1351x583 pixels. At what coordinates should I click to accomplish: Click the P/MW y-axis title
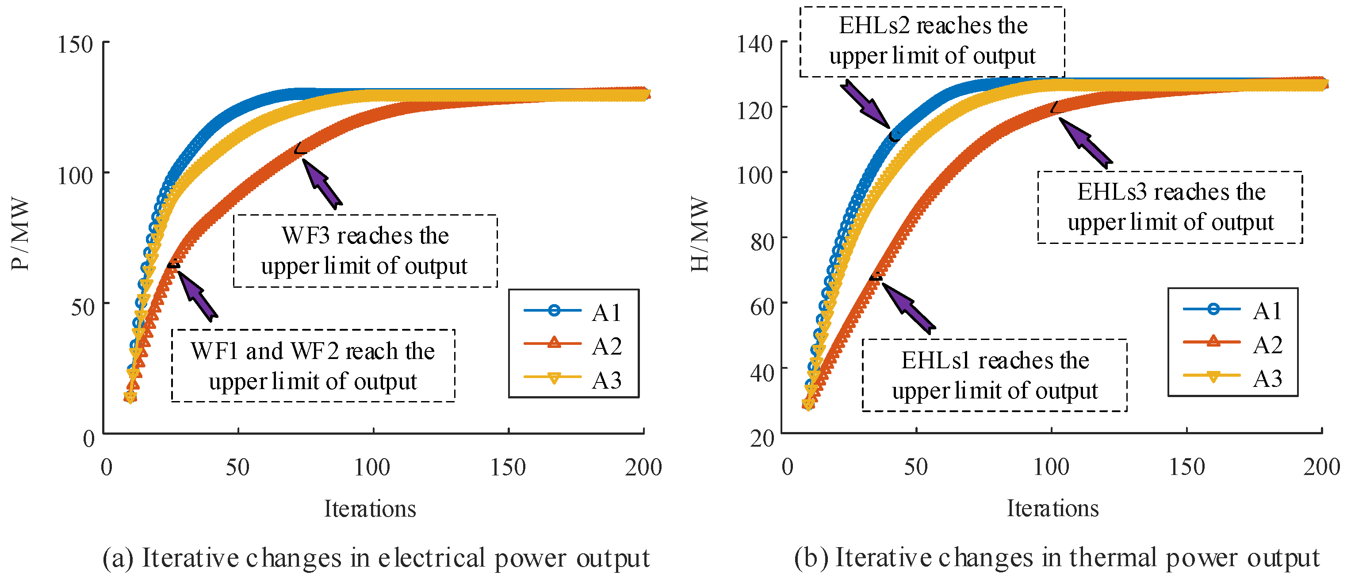20,234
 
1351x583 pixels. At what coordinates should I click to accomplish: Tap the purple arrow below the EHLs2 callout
866,104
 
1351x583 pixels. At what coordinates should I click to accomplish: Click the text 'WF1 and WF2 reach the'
313,351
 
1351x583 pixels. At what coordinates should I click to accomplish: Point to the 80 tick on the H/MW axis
762,242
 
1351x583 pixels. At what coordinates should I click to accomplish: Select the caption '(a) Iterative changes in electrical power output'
376,558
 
